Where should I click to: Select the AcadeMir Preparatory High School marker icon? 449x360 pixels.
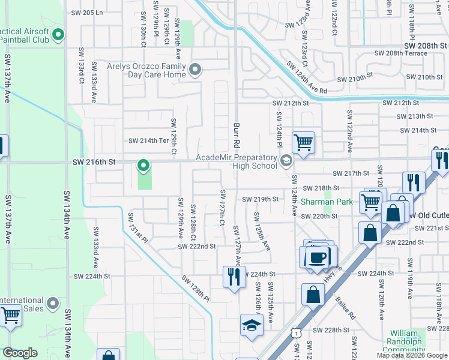coord(287,159)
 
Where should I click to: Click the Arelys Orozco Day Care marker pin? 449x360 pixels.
coord(194,71)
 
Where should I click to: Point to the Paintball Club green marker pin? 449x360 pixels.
coord(58,35)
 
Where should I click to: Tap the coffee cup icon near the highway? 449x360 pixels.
coord(316,257)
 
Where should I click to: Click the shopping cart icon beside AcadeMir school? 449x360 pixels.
coord(303,143)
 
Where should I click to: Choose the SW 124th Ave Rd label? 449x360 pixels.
coord(306,77)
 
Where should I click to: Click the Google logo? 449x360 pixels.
coord(20,353)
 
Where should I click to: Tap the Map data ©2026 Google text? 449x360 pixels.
coord(412,355)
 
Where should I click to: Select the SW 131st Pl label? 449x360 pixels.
coord(138,227)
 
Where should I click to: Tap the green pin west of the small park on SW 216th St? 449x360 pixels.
coord(143,164)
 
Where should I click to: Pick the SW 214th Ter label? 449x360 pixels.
coord(148,141)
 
